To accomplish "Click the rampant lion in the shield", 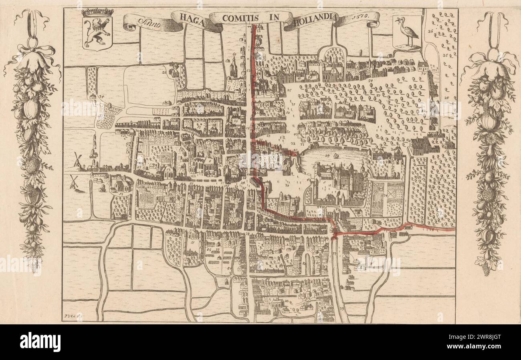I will (97, 32).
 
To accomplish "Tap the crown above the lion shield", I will (97, 12).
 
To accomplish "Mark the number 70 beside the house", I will (422, 74).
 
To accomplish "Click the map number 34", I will (101, 97).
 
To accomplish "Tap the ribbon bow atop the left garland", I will (34, 50).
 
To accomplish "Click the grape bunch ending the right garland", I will (486, 269).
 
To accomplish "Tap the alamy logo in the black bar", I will (40, 342).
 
